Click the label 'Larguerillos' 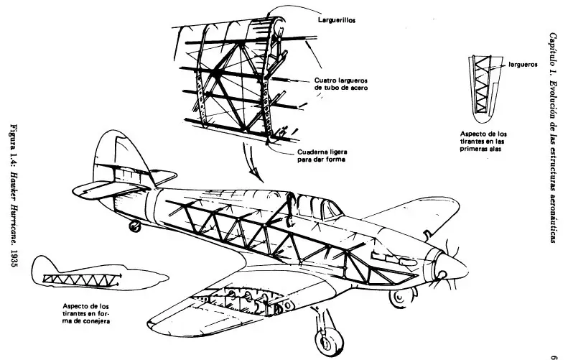point(337,20)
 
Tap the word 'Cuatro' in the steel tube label point(323,80)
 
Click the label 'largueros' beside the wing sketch point(523,65)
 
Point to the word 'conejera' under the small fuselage point(98,321)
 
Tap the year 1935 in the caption point(14,258)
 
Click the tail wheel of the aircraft point(134,226)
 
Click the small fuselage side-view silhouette point(98,275)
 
